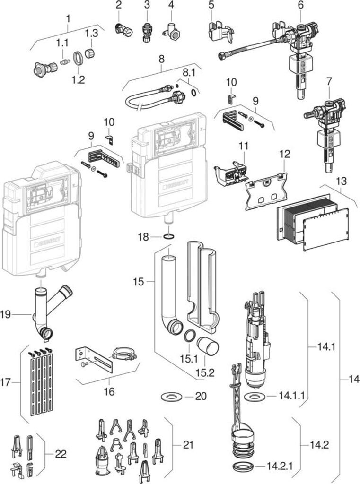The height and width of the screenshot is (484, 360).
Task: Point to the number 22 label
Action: (61, 454)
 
